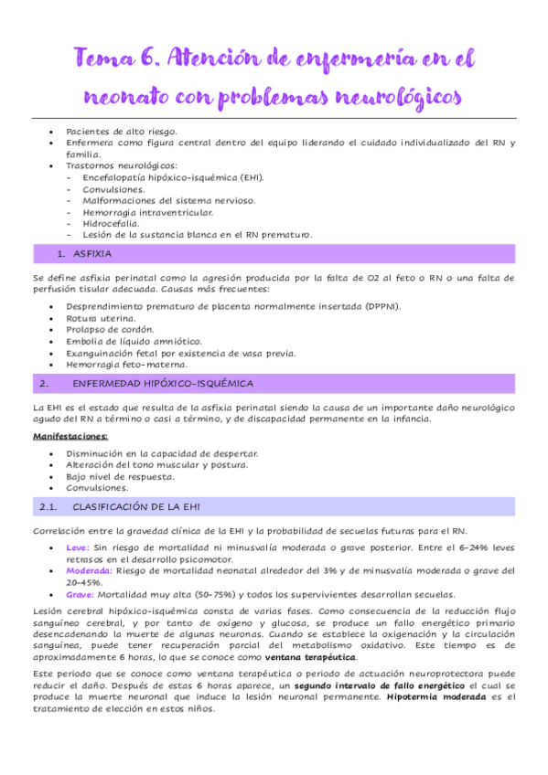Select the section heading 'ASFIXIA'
pyautogui.click(x=91, y=253)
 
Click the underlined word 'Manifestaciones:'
pyautogui.click(x=70, y=437)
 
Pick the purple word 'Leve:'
pyautogui.click(x=78, y=547)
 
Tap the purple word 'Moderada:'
pyautogui.click(x=90, y=570)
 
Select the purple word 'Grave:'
pyautogui.click(x=81, y=593)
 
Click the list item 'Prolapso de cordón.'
pyautogui.click(x=111, y=329)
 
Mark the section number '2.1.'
pyautogui.click(x=49, y=506)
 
